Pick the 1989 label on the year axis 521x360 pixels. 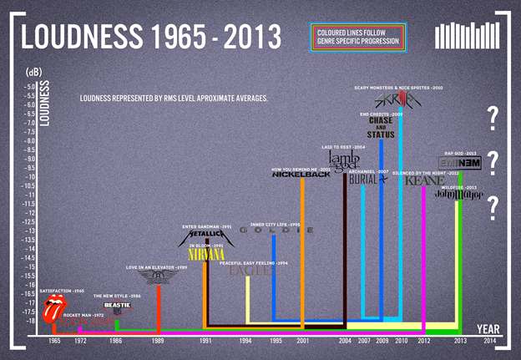coord(158,342)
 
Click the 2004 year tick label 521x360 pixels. coord(345,342)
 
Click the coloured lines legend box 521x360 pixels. coord(357,36)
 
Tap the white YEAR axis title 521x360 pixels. coord(488,329)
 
